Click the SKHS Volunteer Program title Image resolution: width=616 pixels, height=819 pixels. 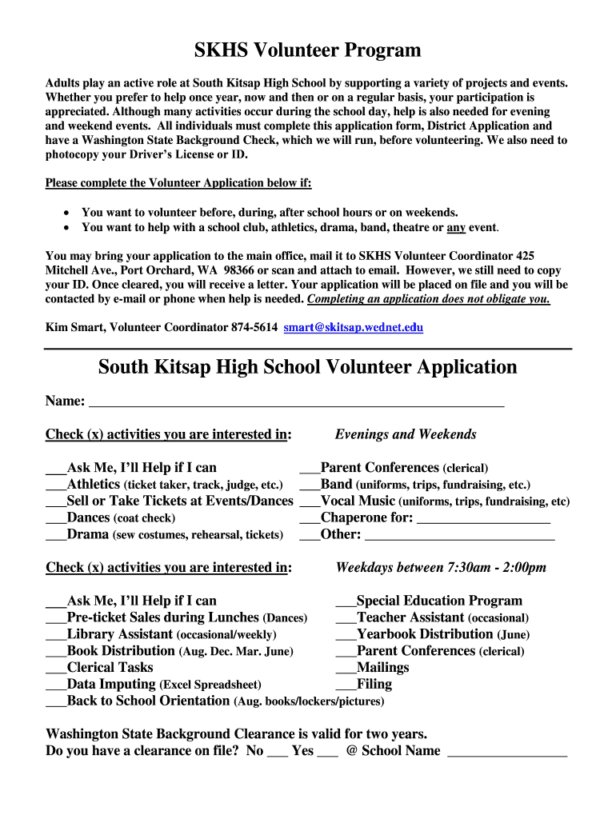point(308,51)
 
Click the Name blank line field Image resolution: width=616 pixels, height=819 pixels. point(296,402)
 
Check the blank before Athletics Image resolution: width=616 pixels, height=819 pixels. point(56,485)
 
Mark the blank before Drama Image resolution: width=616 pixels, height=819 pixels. point(56,535)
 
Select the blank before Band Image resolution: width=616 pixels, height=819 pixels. point(310,485)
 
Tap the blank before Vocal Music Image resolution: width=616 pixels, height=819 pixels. point(310,502)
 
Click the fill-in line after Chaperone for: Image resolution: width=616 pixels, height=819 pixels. point(484,519)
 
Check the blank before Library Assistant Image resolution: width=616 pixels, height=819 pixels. point(56,635)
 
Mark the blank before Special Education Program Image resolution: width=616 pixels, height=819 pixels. point(346,601)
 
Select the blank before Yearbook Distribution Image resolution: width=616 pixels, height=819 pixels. point(346,635)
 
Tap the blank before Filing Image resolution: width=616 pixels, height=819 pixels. point(346,685)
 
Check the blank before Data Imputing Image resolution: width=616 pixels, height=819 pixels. point(56,685)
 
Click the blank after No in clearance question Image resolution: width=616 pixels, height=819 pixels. point(277,753)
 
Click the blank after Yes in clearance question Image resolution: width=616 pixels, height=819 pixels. point(328,753)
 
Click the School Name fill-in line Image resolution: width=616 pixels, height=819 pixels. point(507,753)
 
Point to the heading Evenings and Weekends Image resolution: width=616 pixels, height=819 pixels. point(406,434)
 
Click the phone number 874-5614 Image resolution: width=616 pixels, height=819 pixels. point(254,327)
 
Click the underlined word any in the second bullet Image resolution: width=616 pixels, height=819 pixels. point(456,228)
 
